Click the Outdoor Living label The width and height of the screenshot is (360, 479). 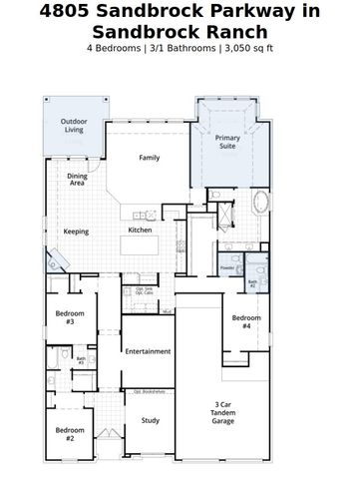[x=74, y=127]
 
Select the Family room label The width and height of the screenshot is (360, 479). [x=150, y=158]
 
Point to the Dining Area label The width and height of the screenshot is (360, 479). [x=77, y=180]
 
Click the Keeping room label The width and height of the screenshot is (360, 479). [x=76, y=232]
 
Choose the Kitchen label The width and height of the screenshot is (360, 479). [x=140, y=232]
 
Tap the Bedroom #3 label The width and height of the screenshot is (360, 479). [x=70, y=317]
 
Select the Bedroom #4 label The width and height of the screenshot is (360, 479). [x=247, y=321]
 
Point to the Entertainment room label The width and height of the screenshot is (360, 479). [x=148, y=351]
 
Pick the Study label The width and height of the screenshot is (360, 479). [x=150, y=420]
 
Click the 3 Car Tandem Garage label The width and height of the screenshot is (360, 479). [x=224, y=412]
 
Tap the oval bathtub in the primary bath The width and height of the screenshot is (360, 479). [x=261, y=205]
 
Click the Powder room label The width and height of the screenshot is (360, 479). [x=227, y=268]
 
